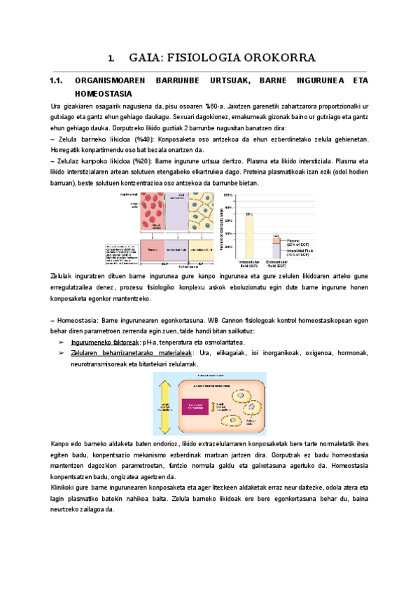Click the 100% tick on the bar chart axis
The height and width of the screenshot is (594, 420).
(x=228, y=194)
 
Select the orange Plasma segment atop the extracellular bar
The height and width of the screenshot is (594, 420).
(x=276, y=240)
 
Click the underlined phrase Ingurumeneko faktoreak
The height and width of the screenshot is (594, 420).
(x=104, y=342)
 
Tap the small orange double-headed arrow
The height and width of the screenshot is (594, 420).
(x=220, y=405)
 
